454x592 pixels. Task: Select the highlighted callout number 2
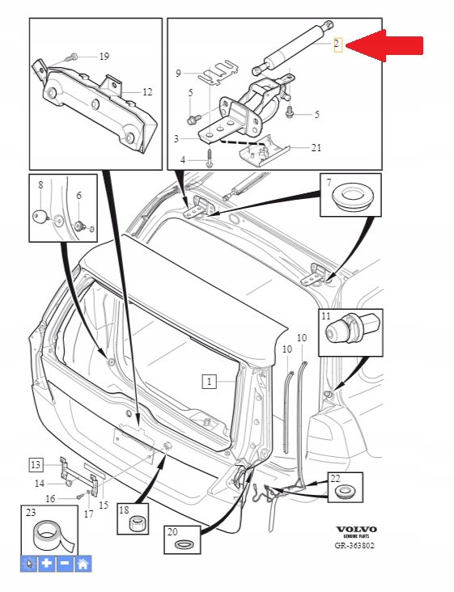pyautogui.click(x=338, y=45)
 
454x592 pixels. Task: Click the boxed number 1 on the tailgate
pyautogui.click(x=209, y=380)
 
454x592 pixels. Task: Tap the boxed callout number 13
pyautogui.click(x=36, y=464)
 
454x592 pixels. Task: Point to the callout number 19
pyautogui.click(x=104, y=57)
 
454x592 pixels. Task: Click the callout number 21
pyautogui.click(x=316, y=148)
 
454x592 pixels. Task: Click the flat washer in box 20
pyautogui.click(x=184, y=543)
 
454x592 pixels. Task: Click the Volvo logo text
pyautogui.click(x=356, y=531)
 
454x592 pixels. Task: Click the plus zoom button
pyautogui.click(x=46, y=565)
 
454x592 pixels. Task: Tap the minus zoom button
pyautogui.click(x=64, y=565)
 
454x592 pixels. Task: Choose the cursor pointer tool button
pyautogui.click(x=28, y=565)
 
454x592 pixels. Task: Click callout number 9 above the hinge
pyautogui.click(x=179, y=74)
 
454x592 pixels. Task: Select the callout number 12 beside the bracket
pyautogui.click(x=146, y=92)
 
